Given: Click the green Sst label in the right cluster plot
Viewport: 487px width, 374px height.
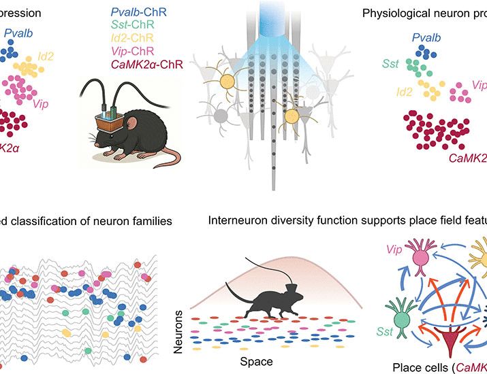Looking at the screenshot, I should coord(390,63).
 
